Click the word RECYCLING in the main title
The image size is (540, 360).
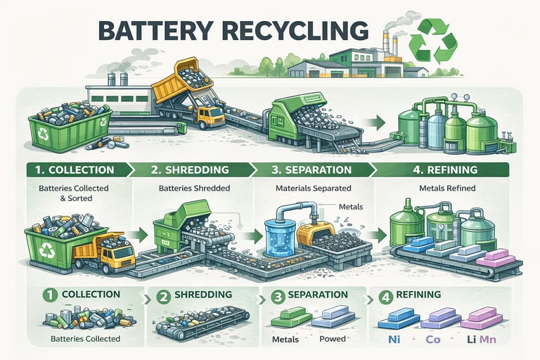(295, 31)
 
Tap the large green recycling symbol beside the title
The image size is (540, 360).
(433, 41)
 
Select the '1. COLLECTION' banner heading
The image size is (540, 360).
(75, 170)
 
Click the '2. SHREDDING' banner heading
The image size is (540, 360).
(190, 170)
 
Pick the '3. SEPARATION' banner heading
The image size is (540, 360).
(311, 170)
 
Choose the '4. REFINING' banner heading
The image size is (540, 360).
(445, 170)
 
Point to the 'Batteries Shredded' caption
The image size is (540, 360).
(195, 188)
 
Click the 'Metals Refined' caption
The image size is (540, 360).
(447, 188)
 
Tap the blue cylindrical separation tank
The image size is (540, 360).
(281, 238)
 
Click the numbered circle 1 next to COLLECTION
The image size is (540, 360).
(51, 295)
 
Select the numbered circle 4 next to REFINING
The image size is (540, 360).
(386, 296)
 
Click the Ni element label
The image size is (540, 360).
(394, 340)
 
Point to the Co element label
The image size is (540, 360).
(433, 340)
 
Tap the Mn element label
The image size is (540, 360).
(488, 340)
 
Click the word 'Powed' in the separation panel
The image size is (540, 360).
(333, 339)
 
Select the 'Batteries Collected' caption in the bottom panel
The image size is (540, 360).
(85, 339)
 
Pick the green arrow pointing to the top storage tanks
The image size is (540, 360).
(377, 122)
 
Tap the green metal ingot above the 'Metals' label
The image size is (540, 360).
(292, 317)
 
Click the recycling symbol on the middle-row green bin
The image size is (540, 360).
(47, 250)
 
